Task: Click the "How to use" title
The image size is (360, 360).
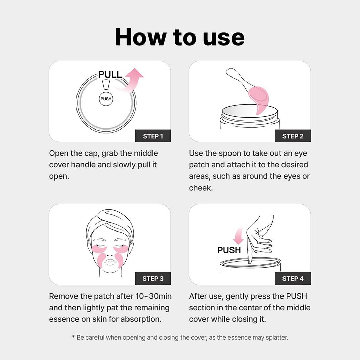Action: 179,37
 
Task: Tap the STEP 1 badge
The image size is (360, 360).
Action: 153,136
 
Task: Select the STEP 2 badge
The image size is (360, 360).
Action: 293,136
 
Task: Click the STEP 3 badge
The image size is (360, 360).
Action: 153,279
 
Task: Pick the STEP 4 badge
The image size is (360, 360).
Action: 293,279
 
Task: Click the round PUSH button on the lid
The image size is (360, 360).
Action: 106,99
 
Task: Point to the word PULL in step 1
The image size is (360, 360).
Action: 110,74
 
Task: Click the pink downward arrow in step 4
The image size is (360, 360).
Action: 238,236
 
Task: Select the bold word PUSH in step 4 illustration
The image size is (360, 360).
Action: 229,250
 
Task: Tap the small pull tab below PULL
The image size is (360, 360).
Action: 106,85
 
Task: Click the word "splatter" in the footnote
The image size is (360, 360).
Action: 276,337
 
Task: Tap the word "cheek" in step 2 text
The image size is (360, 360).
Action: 201,188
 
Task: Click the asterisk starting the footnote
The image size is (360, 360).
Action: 73,337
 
